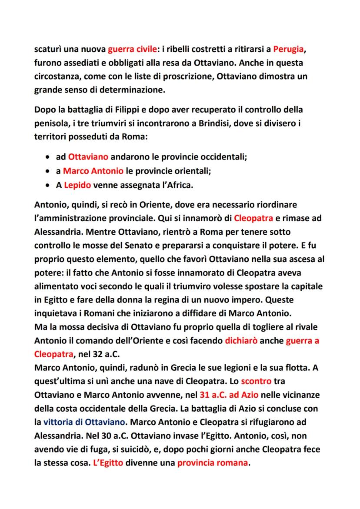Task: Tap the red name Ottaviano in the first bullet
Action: click(x=88, y=157)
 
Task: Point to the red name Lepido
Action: click(x=77, y=185)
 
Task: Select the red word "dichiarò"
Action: click(x=242, y=341)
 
